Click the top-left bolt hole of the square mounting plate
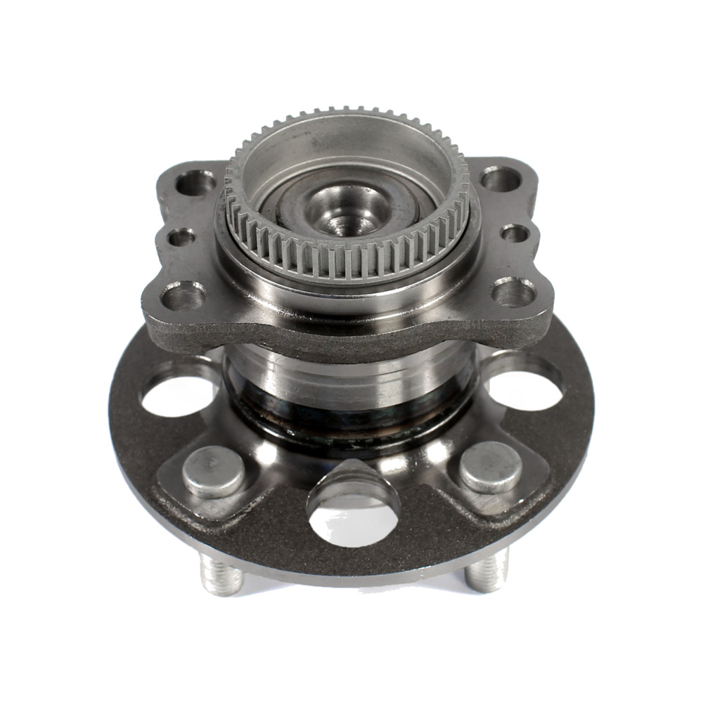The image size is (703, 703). pyautogui.click(x=195, y=183)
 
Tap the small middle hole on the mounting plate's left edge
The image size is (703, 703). pyautogui.click(x=181, y=237)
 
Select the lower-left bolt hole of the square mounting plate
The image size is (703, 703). pyautogui.click(x=183, y=295)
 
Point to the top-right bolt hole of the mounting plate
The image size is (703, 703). pyautogui.click(x=501, y=179)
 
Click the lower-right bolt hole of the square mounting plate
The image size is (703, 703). pyautogui.click(x=515, y=292)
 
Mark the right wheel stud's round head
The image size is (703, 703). pyautogui.click(x=491, y=467)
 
